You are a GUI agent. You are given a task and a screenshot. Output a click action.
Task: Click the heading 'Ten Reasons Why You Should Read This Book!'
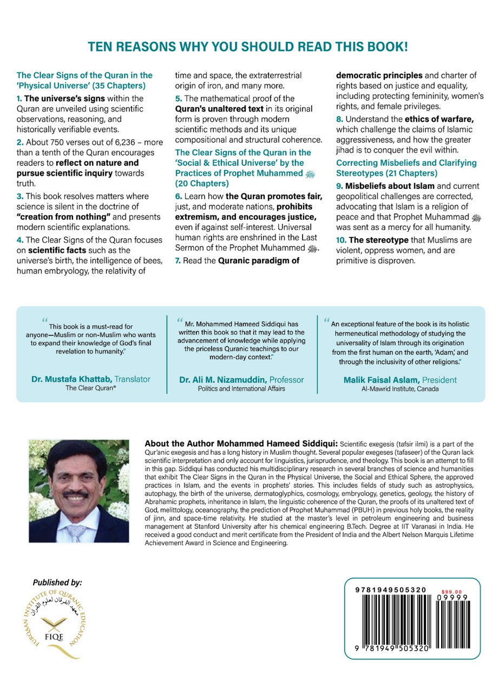[248, 47]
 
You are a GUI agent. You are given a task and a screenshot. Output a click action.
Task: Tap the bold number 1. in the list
[20, 99]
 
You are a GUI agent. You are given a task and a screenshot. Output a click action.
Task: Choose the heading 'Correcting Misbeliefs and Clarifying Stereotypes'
[406, 167]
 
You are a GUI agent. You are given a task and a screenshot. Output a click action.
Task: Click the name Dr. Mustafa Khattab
[67, 380]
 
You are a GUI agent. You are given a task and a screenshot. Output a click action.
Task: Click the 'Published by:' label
[57, 583]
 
